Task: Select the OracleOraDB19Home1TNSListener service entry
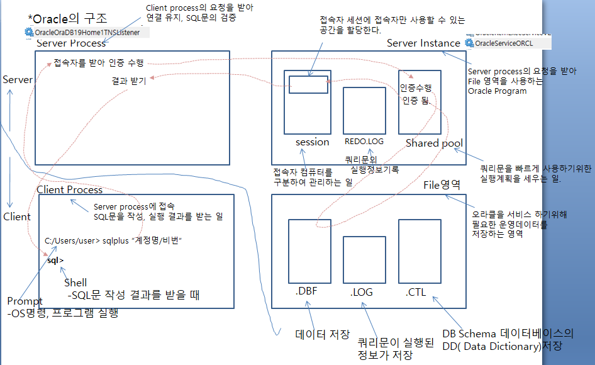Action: (x=82, y=32)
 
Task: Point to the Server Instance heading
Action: (x=423, y=43)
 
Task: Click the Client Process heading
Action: (x=69, y=189)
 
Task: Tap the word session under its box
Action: (x=312, y=142)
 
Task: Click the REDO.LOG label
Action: (x=364, y=142)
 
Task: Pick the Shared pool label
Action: (x=434, y=143)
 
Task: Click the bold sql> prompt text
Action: (x=55, y=260)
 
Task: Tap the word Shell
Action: (x=75, y=283)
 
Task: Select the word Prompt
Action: (x=25, y=301)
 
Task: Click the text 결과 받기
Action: (x=129, y=81)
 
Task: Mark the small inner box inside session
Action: (x=308, y=84)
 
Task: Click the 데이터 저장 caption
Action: (x=322, y=334)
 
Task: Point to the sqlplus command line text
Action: (x=117, y=241)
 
